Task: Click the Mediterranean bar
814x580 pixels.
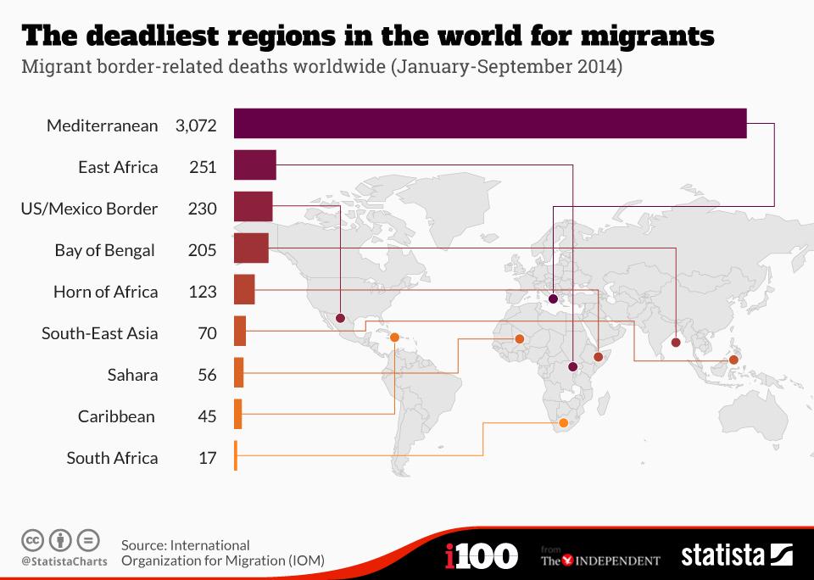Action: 489,124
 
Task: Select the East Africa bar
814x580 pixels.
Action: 254,165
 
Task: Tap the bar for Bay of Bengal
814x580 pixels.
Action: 250,248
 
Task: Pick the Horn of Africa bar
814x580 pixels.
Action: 243,290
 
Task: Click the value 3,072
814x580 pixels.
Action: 196,125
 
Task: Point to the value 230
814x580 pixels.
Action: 203,209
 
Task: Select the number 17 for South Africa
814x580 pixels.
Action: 208,458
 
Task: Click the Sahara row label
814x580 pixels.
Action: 132,375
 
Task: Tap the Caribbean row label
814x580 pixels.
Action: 116,416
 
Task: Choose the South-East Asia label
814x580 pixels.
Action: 99,333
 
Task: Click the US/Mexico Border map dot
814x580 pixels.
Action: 340,319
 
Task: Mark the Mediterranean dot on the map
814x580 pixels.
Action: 553,298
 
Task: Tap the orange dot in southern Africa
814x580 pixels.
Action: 563,422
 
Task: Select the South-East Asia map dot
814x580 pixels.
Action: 733,360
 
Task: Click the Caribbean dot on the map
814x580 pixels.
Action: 394,338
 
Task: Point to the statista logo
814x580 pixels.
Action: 736,555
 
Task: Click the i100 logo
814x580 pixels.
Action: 481,556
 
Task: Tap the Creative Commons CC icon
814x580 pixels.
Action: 32,539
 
